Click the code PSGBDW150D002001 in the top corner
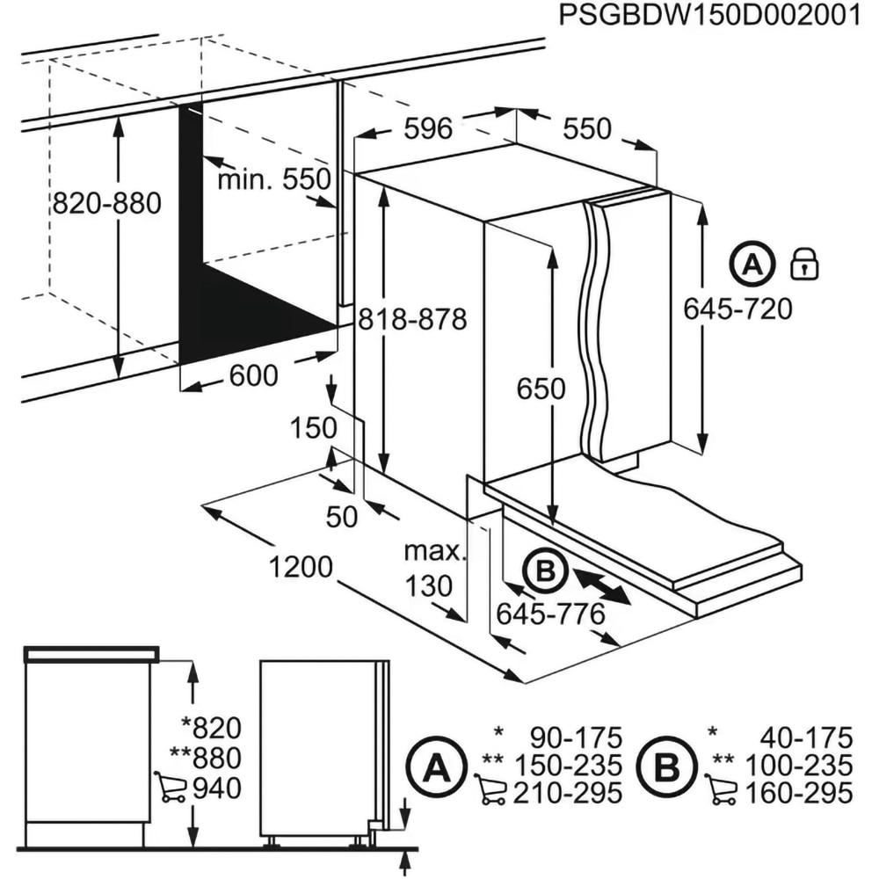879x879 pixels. [708, 18]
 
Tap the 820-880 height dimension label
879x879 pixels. [106, 204]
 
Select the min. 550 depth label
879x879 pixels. [273, 180]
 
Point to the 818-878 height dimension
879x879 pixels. [411, 319]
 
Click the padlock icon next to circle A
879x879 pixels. [803, 264]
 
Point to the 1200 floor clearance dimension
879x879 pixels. [301, 566]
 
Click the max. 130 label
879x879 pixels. [432, 569]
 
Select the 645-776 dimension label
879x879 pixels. [551, 614]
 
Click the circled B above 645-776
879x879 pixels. [545, 572]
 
